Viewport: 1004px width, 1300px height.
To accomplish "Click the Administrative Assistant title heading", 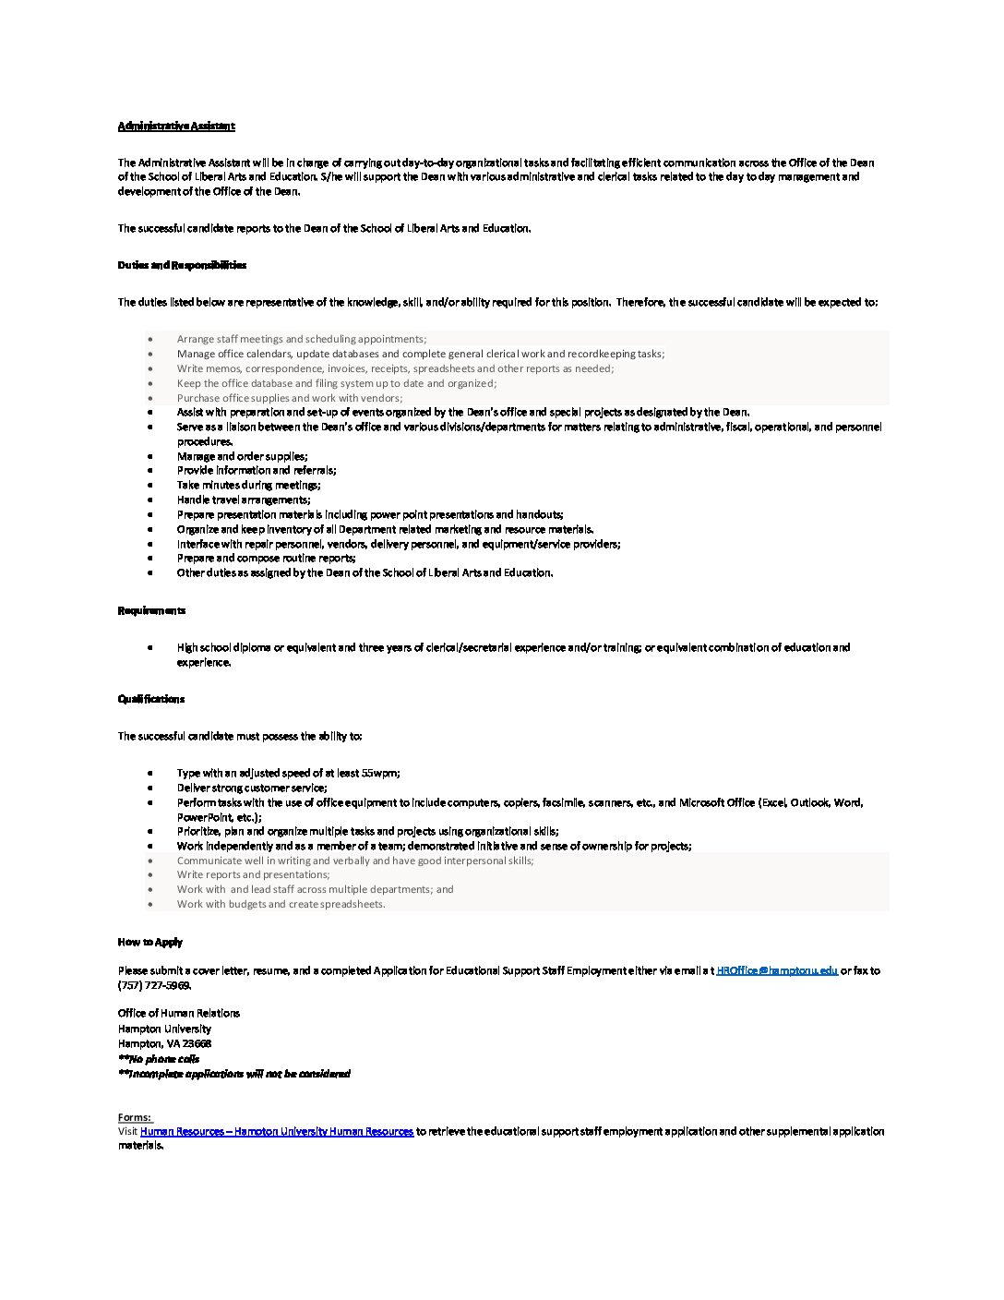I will pyautogui.click(x=176, y=126).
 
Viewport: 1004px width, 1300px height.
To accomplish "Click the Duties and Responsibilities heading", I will pyautogui.click(x=182, y=265).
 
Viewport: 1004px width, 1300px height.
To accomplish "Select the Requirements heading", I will pyautogui.click(x=151, y=610).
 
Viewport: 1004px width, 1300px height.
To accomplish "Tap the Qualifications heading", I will pyautogui.click(x=151, y=699).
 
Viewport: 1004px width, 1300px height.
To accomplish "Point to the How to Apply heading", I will pyautogui.click(x=150, y=942).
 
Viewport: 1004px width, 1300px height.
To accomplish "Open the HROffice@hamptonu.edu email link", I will pyautogui.click(x=777, y=970).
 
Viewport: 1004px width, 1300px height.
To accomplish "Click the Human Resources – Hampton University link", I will pyautogui.click(x=277, y=1131).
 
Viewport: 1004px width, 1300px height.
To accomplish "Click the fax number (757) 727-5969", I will pyautogui.click(x=154, y=985).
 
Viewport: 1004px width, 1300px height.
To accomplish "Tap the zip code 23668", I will pyautogui.click(x=197, y=1043).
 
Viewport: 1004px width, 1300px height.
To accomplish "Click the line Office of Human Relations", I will pyautogui.click(x=179, y=1013).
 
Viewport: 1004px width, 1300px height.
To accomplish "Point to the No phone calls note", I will pyautogui.click(x=159, y=1059).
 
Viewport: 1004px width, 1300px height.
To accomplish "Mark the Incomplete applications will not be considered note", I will pyautogui.click(x=234, y=1074).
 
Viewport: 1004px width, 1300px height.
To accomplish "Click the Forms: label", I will pyautogui.click(x=135, y=1117).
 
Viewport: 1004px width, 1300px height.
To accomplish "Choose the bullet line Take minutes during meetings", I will pyautogui.click(x=249, y=485).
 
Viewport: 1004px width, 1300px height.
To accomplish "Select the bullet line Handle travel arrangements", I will pyautogui.click(x=244, y=500).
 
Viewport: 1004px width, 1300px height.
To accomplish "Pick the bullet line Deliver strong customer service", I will pyautogui.click(x=252, y=788).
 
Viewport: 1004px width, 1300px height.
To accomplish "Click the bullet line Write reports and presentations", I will pyautogui.click(x=254, y=874).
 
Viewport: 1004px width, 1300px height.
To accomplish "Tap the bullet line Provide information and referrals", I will pyautogui.click(x=257, y=470).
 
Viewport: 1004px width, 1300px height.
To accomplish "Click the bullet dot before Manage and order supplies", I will pyautogui.click(x=150, y=456).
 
